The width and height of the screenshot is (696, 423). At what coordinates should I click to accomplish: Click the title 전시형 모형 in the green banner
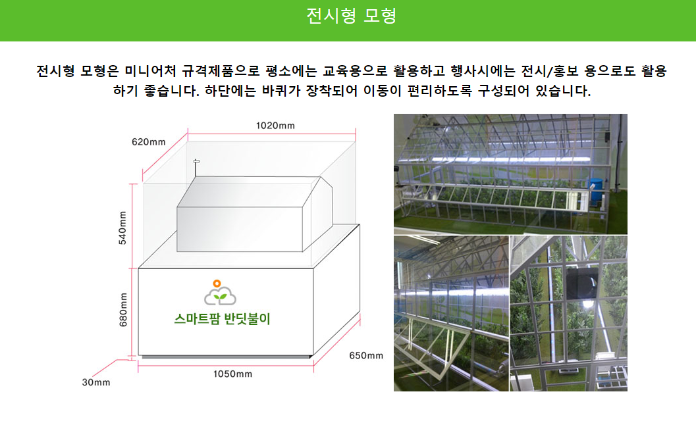tap(351, 16)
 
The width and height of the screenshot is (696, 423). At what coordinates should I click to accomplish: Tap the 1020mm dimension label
tap(275, 126)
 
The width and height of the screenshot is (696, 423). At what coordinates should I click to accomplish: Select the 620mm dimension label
tap(148, 142)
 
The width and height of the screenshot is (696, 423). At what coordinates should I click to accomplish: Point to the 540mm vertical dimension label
tap(122, 228)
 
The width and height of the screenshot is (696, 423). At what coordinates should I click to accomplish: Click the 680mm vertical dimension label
tap(123, 309)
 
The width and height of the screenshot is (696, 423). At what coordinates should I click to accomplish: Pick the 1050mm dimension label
tap(232, 374)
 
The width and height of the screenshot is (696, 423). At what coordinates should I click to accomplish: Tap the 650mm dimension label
tap(365, 356)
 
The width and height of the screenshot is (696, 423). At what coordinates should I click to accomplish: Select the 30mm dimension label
tap(96, 382)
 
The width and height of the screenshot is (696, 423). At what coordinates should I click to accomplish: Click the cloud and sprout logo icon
tap(220, 293)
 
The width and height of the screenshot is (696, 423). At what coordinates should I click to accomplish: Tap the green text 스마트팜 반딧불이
tap(222, 319)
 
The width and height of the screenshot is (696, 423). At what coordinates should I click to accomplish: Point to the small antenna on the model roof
tap(196, 168)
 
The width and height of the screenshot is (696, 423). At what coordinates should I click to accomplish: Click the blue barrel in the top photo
tap(595, 189)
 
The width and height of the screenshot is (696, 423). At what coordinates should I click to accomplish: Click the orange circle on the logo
tap(217, 284)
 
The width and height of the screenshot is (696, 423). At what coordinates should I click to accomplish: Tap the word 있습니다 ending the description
tap(562, 91)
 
